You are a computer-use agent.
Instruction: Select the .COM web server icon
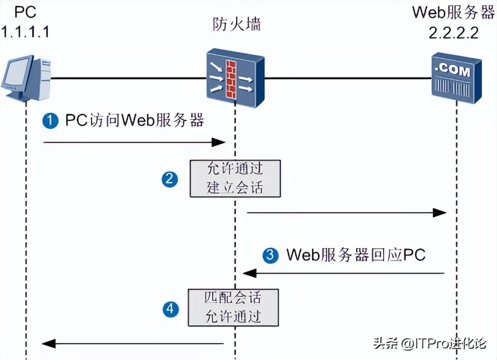pos(456,77)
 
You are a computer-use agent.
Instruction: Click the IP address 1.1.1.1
pos(25,32)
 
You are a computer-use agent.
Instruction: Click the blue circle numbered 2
pos(170,179)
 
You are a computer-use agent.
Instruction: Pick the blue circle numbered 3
pos(270,254)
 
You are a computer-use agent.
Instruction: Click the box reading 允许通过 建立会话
pos(235,178)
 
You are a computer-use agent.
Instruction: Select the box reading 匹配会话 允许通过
pos(233,307)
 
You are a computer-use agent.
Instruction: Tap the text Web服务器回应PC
pos(356,254)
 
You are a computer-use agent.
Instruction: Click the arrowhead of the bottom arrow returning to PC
pos(48,343)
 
